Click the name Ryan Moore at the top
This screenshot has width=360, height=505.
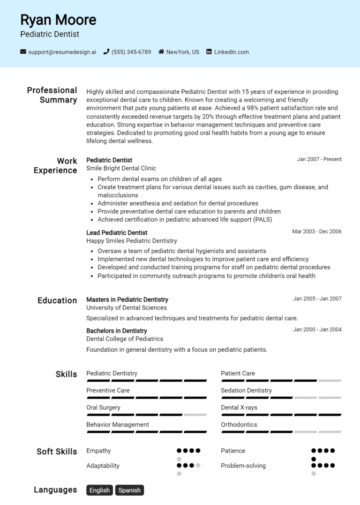click(58, 20)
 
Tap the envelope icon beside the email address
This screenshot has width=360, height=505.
click(23, 52)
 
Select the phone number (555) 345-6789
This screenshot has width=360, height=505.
click(131, 52)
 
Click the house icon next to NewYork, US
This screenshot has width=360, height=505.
click(161, 52)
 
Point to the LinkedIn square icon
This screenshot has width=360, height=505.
click(209, 52)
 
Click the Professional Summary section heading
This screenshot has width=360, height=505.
click(52, 95)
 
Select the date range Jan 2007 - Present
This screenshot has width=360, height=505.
click(319, 159)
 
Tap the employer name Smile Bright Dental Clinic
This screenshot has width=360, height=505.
click(121, 168)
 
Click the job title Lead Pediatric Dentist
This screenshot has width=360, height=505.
click(117, 233)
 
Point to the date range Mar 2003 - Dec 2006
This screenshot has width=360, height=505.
click(317, 231)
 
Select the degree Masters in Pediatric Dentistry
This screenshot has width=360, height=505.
click(127, 300)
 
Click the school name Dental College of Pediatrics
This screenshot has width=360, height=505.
click(125, 339)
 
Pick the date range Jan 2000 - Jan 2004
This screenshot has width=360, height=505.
click(317, 330)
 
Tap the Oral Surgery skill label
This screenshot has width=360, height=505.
click(103, 408)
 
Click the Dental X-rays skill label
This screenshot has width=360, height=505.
click(239, 408)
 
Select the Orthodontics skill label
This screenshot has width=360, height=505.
click(239, 424)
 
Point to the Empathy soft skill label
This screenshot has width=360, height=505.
click(98, 451)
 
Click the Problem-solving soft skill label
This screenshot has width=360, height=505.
click(243, 466)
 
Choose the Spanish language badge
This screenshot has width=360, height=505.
click(129, 490)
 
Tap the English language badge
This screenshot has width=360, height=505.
click(99, 490)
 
